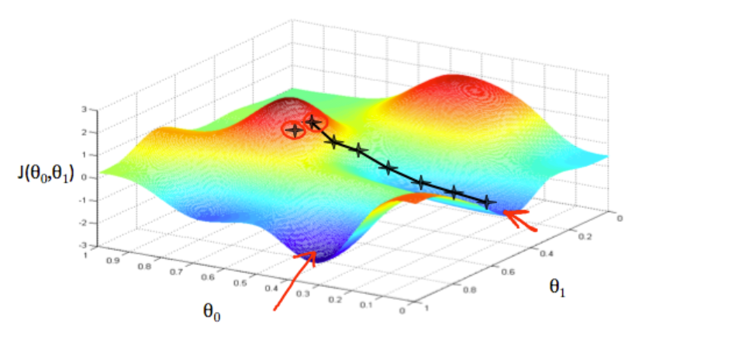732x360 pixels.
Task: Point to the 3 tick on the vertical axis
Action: (93, 109)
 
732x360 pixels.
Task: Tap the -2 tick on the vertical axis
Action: (91, 223)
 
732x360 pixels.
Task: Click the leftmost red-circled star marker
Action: (294, 130)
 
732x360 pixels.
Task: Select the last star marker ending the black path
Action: (487, 202)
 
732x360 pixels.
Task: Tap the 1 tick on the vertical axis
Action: (93, 154)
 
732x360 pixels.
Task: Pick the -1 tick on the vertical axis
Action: (91, 200)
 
